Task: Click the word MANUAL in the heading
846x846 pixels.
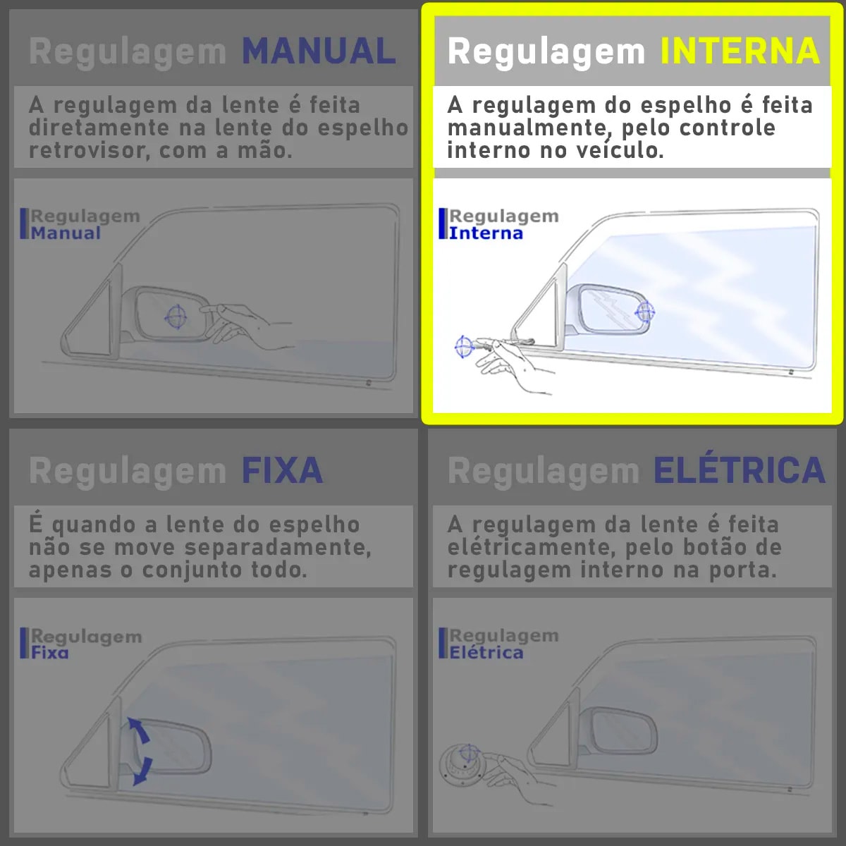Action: [319, 51]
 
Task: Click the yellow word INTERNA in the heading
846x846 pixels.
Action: [740, 51]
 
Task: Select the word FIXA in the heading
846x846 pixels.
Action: [282, 471]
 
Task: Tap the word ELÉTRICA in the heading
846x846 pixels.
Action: [739, 471]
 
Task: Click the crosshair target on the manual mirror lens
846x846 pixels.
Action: [176, 317]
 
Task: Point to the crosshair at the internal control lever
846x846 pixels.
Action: [463, 346]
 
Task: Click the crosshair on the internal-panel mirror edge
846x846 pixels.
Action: [645, 311]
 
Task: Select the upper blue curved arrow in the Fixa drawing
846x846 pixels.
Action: [139, 730]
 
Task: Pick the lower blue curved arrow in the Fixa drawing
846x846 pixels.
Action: [142, 770]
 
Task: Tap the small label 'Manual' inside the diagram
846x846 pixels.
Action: [66, 233]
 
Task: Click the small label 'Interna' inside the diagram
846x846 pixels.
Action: [486, 233]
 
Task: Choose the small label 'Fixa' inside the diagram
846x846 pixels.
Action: [50, 653]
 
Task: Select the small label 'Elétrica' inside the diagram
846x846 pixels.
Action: [486, 653]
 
